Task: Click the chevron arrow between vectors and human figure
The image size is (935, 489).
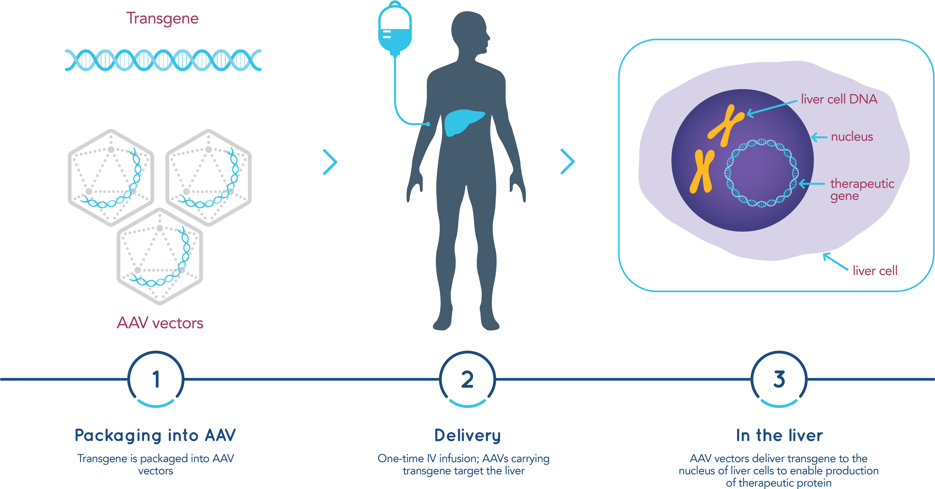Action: pyautogui.click(x=330, y=162)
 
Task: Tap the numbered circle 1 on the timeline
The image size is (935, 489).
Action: pyautogui.click(x=156, y=379)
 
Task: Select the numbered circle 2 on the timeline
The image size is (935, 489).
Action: pyautogui.click(x=467, y=379)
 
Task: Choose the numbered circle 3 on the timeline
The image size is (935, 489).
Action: pyautogui.click(x=779, y=379)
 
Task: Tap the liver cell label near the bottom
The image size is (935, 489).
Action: pyautogui.click(x=875, y=271)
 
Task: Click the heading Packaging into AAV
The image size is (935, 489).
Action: pyautogui.click(x=155, y=435)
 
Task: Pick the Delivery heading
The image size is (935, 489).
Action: pyautogui.click(x=467, y=435)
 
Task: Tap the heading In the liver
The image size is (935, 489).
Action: pyautogui.click(x=779, y=435)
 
